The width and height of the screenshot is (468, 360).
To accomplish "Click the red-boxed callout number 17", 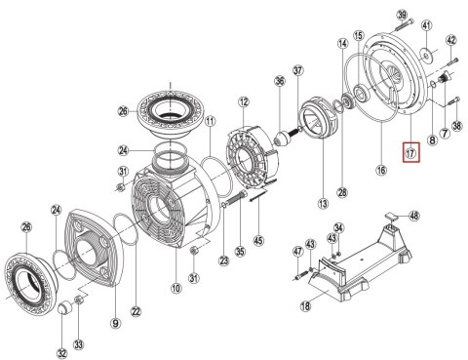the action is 411,152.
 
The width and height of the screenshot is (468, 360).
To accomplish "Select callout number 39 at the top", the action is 402,15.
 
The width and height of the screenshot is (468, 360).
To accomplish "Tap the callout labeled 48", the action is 413,216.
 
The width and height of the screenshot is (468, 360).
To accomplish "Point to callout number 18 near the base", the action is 305,305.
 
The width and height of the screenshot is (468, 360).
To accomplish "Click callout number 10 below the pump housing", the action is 175,288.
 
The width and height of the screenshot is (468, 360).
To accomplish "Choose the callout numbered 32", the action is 62,353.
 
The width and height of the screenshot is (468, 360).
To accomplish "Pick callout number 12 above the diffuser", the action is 244,102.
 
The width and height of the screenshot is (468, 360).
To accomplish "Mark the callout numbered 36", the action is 280,81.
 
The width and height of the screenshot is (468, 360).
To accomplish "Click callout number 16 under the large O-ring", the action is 381,170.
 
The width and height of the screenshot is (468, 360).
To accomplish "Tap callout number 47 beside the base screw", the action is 297,251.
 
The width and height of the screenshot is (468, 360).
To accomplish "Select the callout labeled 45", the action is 258,241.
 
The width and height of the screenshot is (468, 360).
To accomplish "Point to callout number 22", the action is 136,311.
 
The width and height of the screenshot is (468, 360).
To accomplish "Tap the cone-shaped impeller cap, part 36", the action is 282,139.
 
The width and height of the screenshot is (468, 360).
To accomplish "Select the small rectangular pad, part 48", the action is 392,216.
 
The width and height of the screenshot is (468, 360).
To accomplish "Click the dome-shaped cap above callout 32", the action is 65,307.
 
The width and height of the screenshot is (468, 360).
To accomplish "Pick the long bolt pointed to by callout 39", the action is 404,25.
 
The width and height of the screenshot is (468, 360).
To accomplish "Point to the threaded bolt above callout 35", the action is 236,198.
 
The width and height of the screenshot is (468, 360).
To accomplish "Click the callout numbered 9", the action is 115,323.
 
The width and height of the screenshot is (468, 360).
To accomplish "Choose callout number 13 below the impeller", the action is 323,204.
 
